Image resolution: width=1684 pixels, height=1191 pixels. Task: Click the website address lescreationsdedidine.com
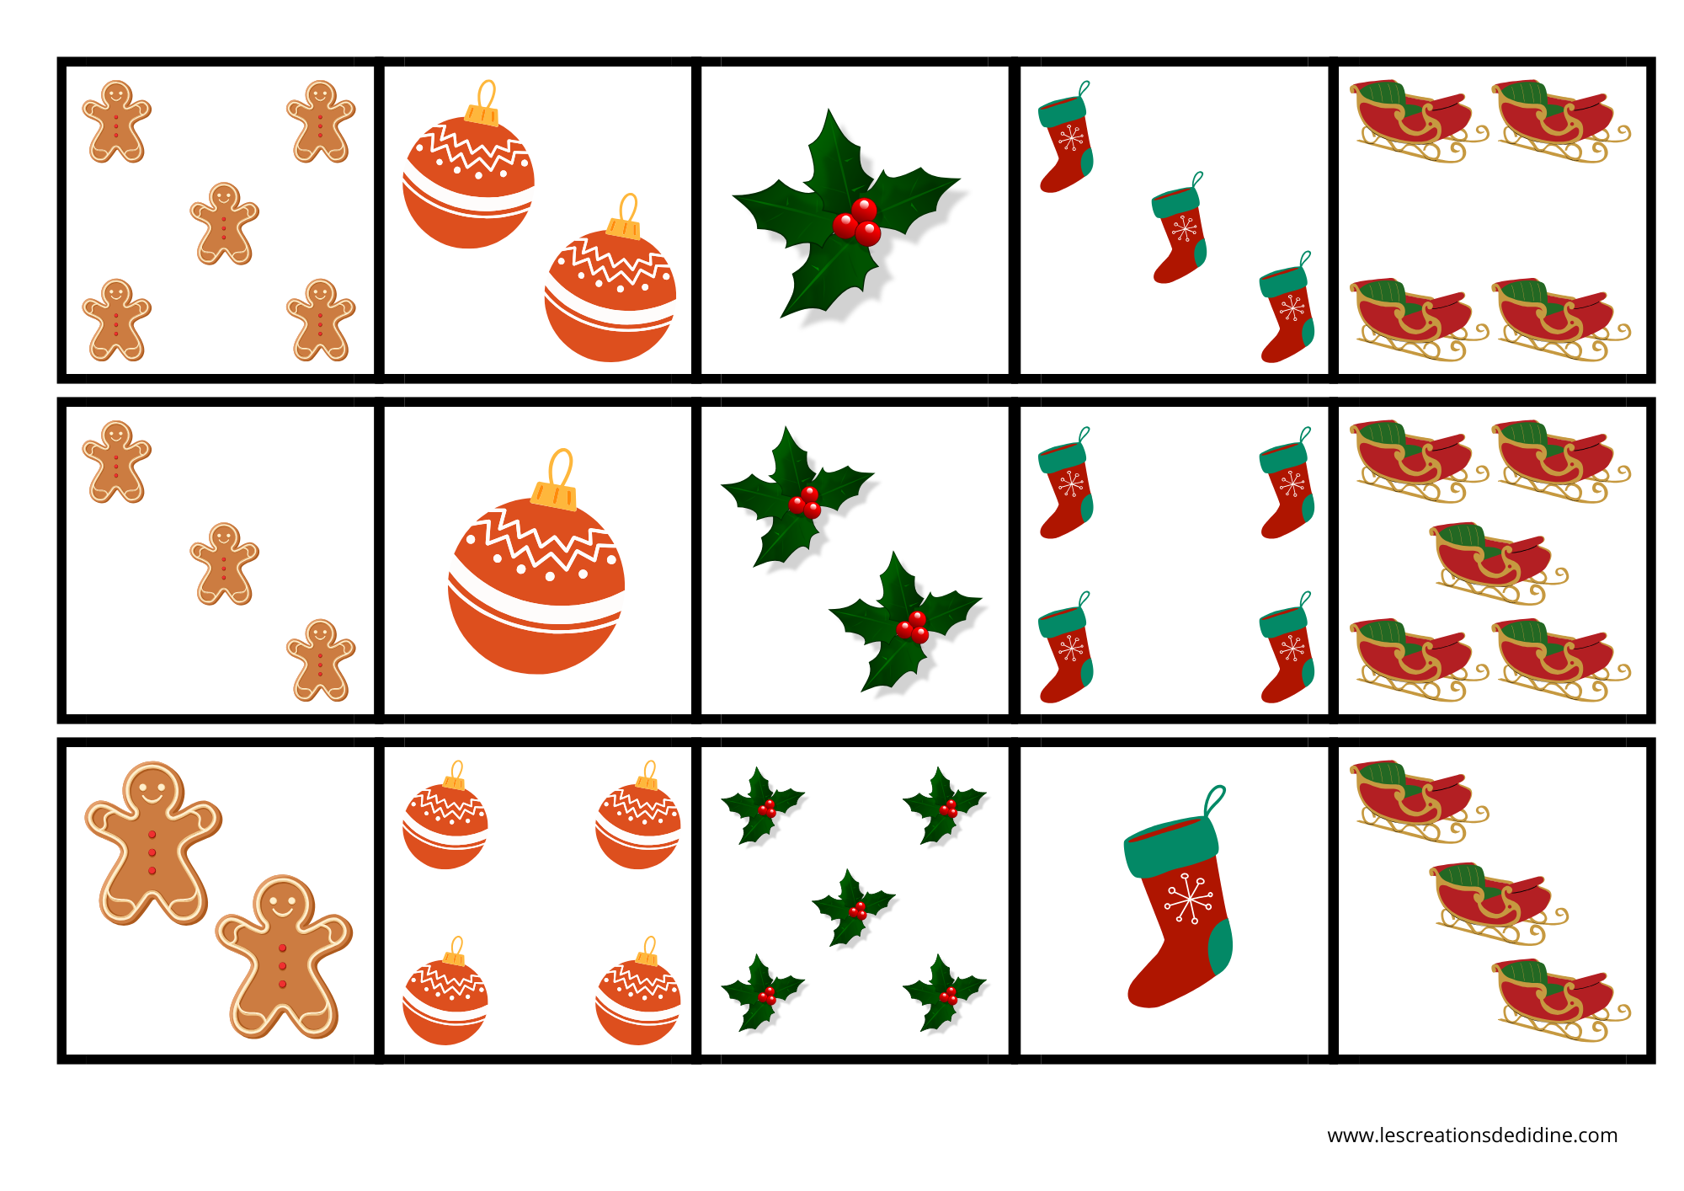click(1472, 1135)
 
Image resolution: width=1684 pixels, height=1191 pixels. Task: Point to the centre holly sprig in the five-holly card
click(852, 908)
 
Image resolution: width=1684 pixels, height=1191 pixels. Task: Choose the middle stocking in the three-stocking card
click(1179, 228)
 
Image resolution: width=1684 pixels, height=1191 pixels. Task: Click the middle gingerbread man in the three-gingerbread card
click(224, 563)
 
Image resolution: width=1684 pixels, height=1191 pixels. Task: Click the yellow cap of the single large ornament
click(554, 495)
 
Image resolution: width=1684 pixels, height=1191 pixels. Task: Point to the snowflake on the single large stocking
click(1188, 899)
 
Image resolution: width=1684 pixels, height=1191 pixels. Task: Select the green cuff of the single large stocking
click(1171, 847)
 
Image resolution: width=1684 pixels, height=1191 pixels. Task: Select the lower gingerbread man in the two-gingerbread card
click(284, 957)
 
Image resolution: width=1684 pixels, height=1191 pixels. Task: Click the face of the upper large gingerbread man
click(152, 789)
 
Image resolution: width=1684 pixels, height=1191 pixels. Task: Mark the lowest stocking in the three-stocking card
click(1287, 307)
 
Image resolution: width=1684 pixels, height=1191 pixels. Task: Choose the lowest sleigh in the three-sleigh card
click(1561, 1001)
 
